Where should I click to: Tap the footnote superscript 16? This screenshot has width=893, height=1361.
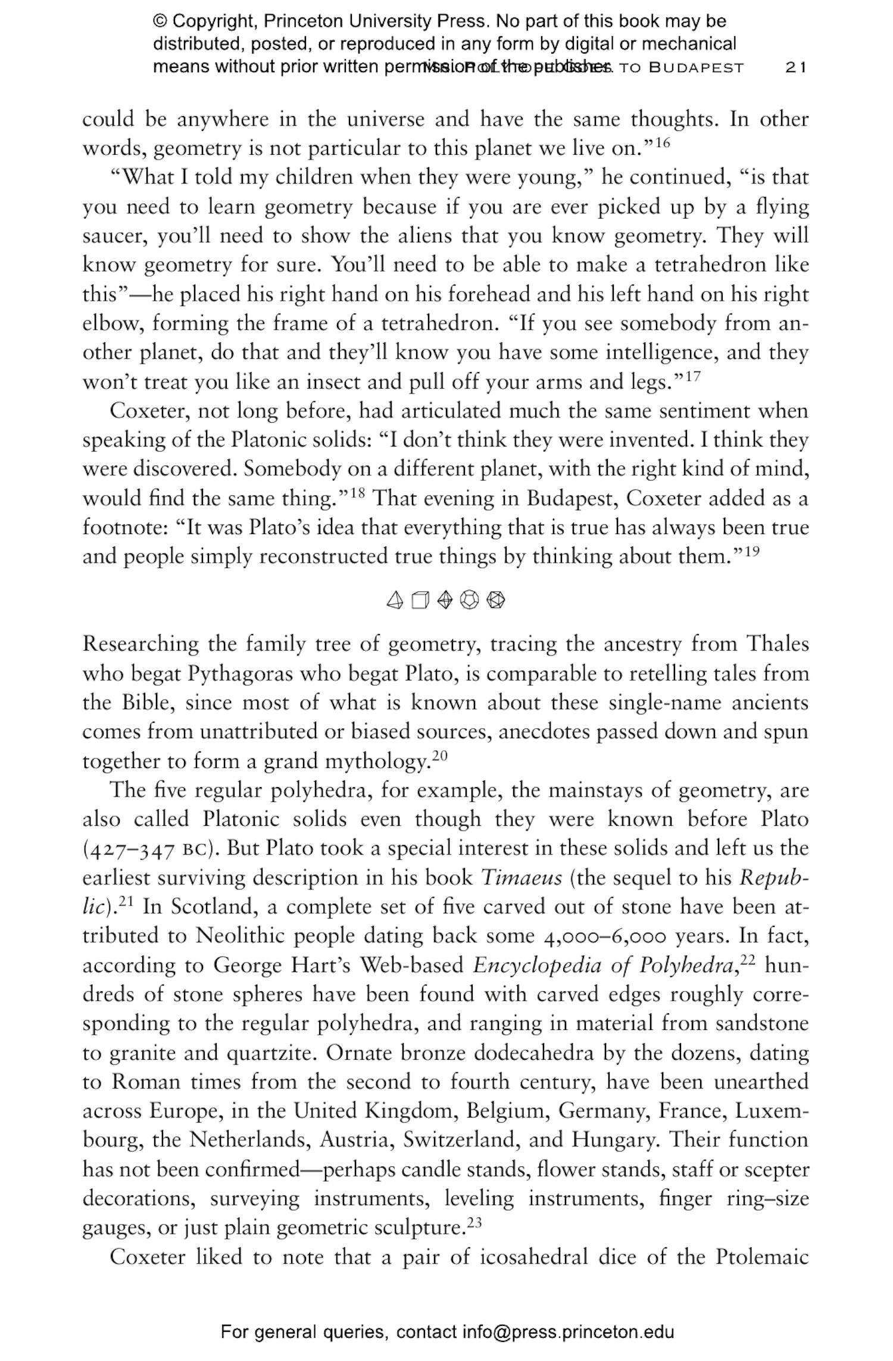(663, 142)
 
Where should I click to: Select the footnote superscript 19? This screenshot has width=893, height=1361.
(753, 551)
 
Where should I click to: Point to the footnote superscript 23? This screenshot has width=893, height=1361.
(474, 1222)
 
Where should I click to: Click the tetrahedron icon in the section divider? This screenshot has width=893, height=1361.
(395, 600)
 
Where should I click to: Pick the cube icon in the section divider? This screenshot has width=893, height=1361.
(420, 600)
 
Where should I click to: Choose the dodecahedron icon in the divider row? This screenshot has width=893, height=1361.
(470, 600)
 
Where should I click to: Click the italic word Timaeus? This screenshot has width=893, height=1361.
(521, 878)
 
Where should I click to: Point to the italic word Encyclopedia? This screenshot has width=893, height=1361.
(537, 966)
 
